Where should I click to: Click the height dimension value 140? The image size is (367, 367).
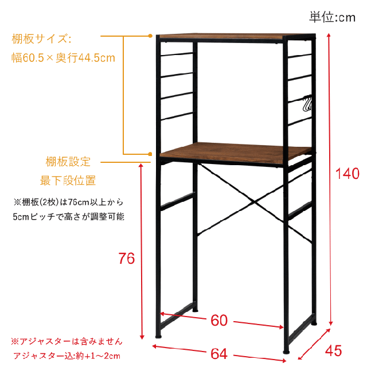[348, 174]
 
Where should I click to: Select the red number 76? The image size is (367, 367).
[127, 259]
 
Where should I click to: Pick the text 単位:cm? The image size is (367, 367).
[333, 17]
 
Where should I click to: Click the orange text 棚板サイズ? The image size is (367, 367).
[41, 39]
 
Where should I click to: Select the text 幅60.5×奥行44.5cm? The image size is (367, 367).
[64, 58]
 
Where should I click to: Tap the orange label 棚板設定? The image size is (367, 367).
[68, 162]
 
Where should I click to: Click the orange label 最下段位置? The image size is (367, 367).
[68, 181]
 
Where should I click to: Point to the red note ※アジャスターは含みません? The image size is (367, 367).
[67, 341]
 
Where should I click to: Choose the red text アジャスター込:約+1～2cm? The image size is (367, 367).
[68, 356]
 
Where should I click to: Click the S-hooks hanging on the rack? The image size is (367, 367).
[308, 104]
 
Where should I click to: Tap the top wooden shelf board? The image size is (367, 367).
[221, 37]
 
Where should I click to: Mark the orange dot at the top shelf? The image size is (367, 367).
[150, 36]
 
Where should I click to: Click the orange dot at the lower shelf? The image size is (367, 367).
[150, 154]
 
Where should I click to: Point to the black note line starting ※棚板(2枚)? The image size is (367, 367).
[68, 202]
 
